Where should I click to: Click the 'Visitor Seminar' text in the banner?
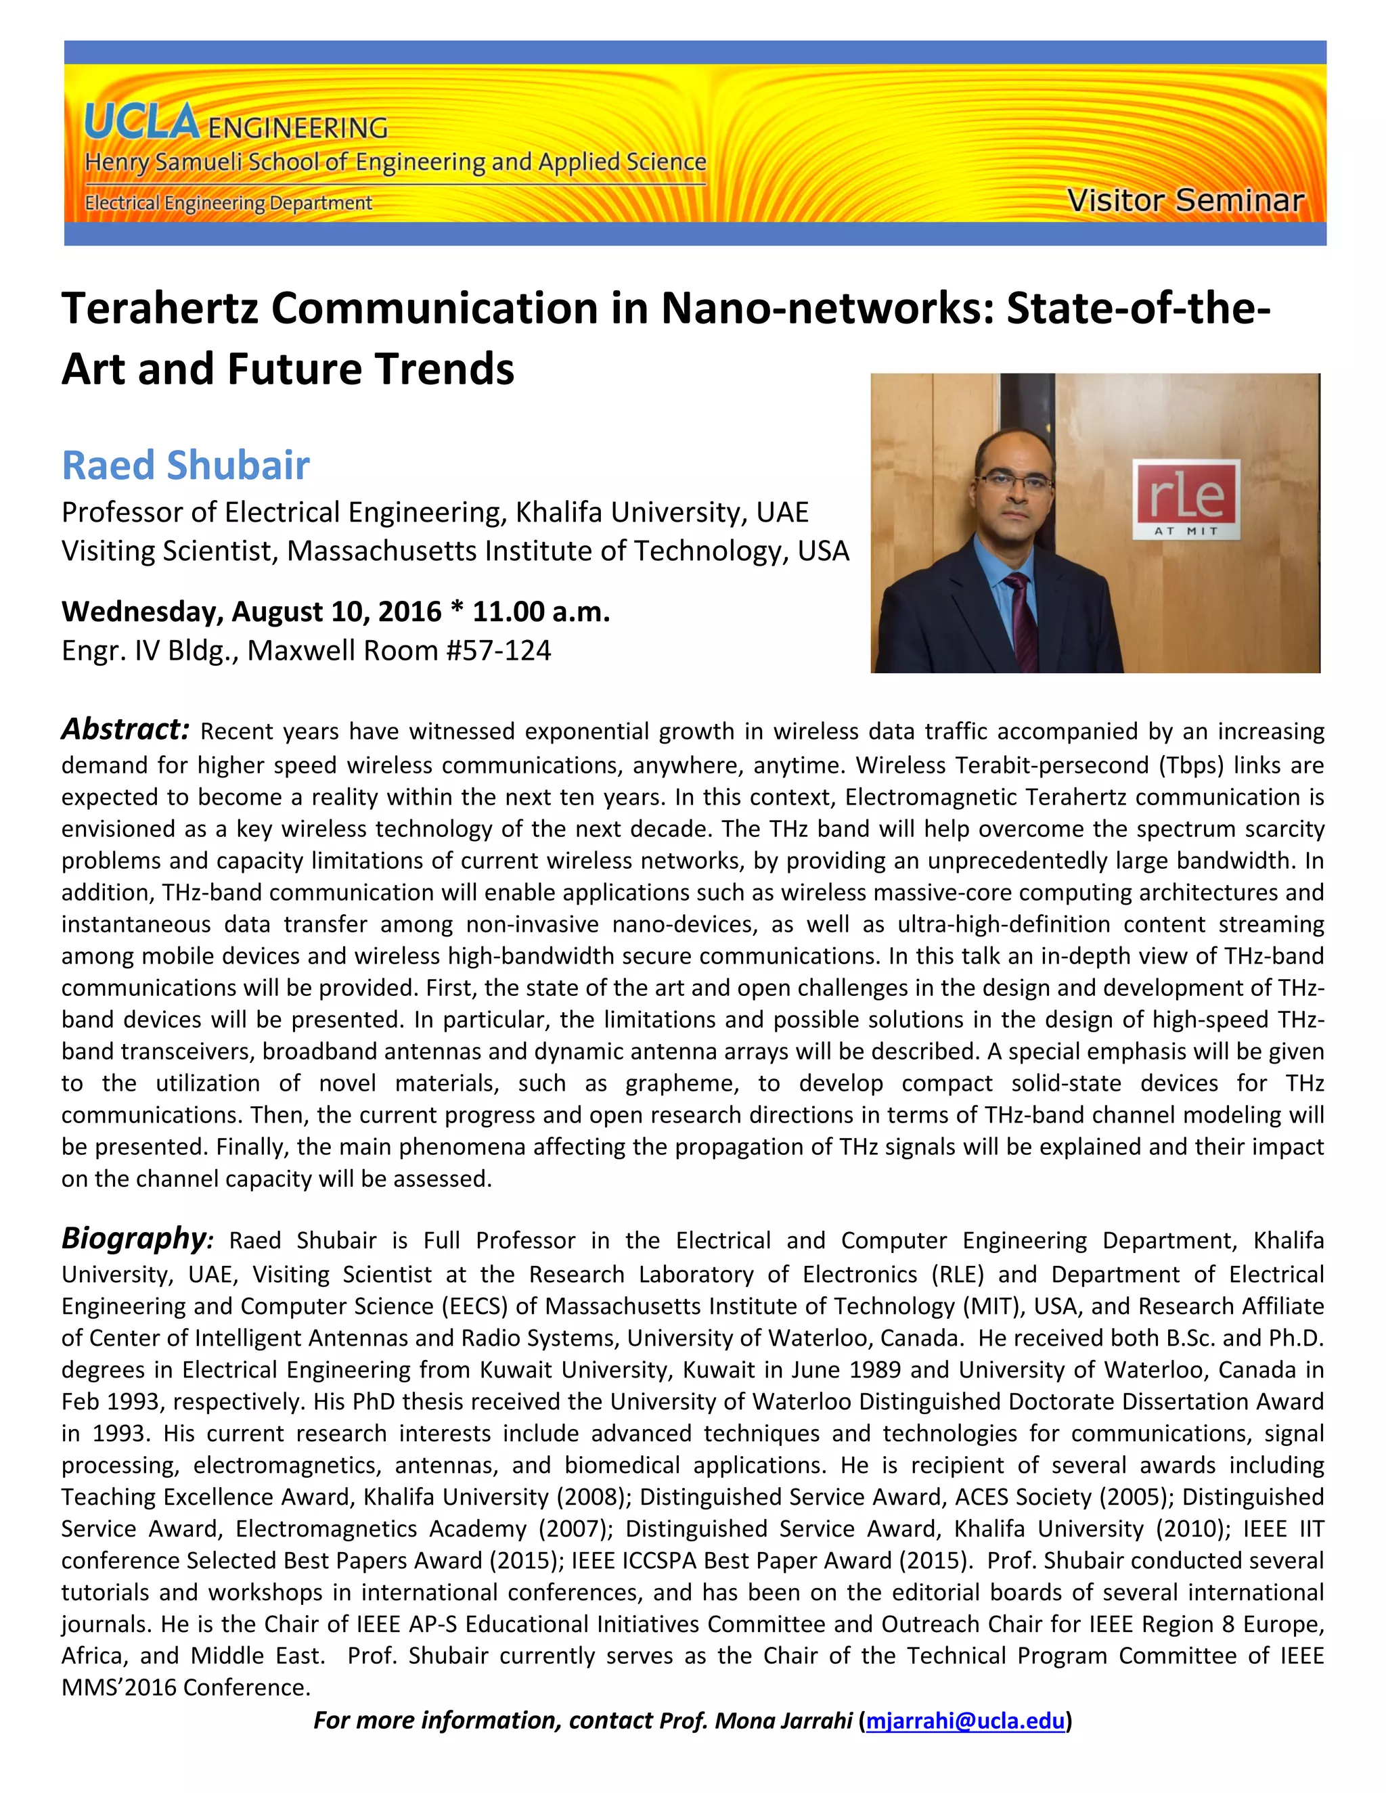[x=1185, y=200]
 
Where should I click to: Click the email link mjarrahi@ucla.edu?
[x=965, y=1720]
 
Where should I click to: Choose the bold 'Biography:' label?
[x=137, y=1238]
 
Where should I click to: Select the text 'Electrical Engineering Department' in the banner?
[x=228, y=203]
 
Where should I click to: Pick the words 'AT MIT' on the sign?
[x=1186, y=530]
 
